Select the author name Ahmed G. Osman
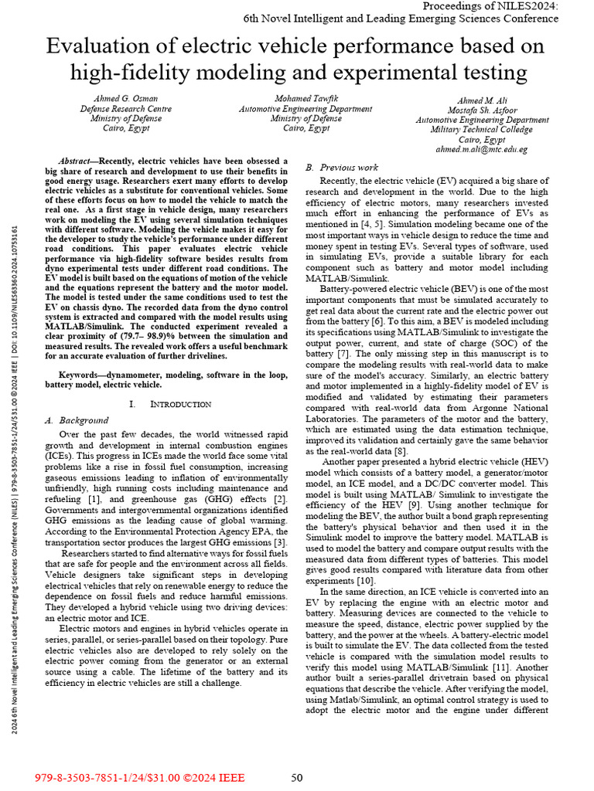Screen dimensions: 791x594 coord(126,100)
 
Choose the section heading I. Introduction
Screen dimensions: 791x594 coord(169,404)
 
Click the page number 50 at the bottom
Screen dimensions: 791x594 coord(296,778)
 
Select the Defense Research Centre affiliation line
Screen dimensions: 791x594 coord(126,109)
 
